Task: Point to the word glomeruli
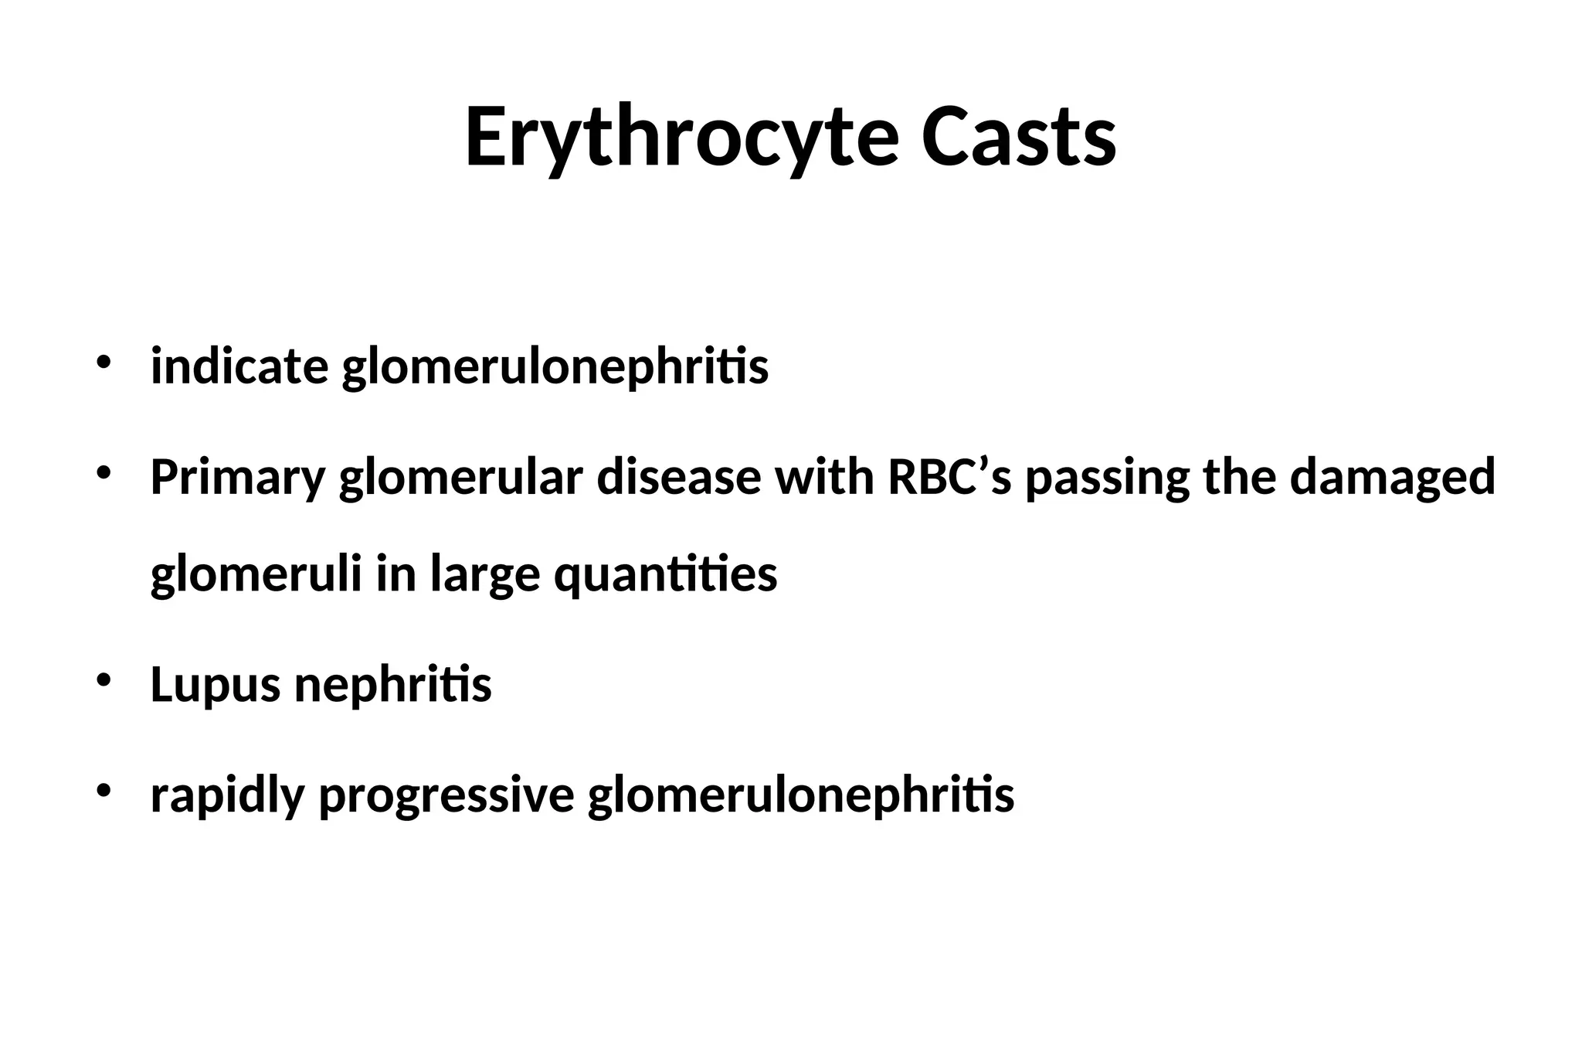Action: pos(256,574)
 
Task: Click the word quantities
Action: pos(665,574)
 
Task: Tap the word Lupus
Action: pos(215,685)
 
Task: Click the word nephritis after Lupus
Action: pos(393,684)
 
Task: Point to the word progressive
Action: pos(446,795)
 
